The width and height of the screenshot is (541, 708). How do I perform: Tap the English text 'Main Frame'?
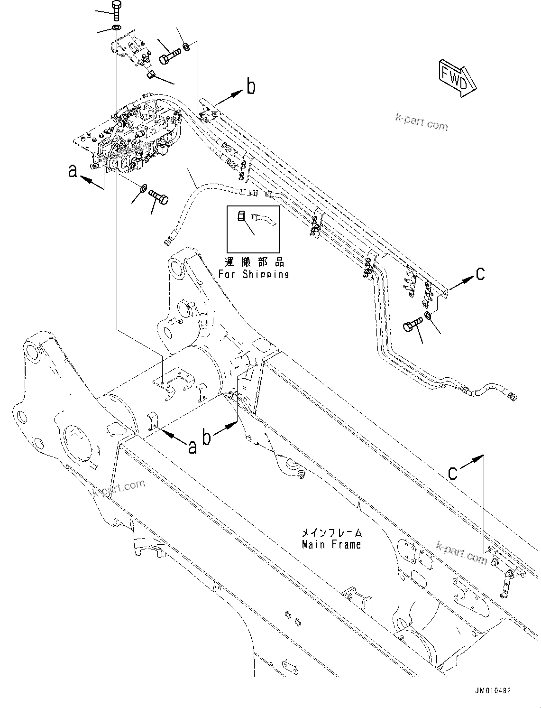(331, 545)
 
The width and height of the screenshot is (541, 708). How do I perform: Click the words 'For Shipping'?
(254, 274)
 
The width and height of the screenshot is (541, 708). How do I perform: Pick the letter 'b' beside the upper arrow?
(251, 87)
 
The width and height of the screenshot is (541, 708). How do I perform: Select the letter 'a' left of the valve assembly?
(73, 170)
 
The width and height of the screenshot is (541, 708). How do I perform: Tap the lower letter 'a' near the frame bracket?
(192, 446)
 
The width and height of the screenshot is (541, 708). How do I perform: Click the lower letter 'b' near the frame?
(206, 437)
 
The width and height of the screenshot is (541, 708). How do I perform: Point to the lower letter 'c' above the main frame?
(453, 472)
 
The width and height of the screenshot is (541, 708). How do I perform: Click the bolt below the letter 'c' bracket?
(411, 327)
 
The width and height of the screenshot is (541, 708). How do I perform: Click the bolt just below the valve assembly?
(159, 196)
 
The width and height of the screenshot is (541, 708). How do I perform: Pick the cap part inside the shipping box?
(241, 216)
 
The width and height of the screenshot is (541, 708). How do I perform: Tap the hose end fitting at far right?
(512, 396)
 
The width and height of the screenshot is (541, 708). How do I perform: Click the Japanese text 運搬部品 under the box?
(254, 261)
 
